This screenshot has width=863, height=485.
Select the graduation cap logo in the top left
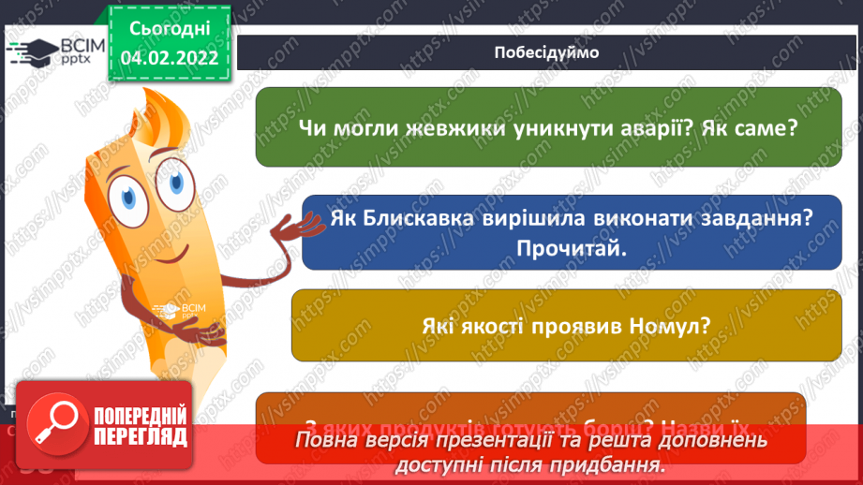pyautogui.click(x=31, y=51)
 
